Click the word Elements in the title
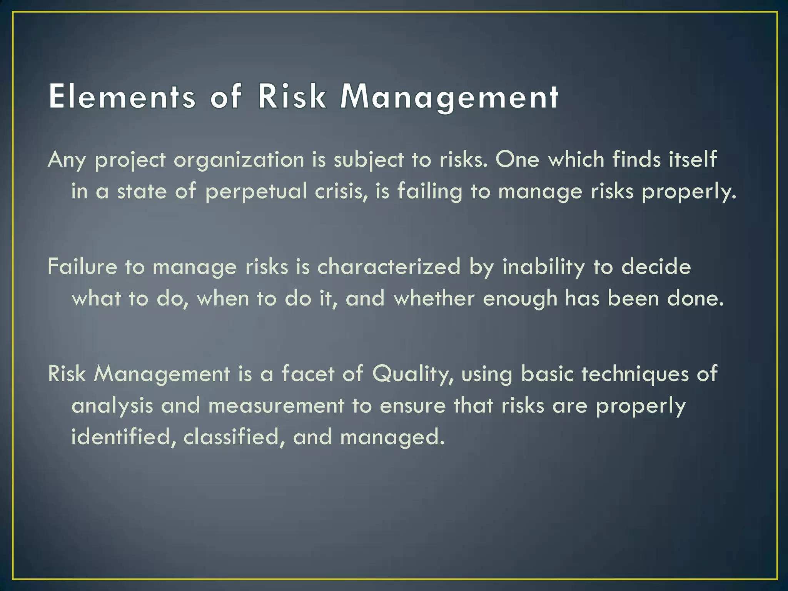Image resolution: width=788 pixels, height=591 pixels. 122,97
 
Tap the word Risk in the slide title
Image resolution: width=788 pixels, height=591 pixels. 292,97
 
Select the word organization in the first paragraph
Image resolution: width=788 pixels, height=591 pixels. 239,160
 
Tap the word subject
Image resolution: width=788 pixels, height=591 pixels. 369,160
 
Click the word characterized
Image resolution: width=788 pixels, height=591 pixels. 389,266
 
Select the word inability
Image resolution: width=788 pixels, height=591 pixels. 544,266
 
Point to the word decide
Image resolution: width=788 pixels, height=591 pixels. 656,266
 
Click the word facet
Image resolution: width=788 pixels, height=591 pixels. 308,373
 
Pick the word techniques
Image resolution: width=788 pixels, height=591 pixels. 635,374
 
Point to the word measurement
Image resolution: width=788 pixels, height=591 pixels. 276,406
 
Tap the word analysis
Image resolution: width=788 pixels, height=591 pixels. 112,406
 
